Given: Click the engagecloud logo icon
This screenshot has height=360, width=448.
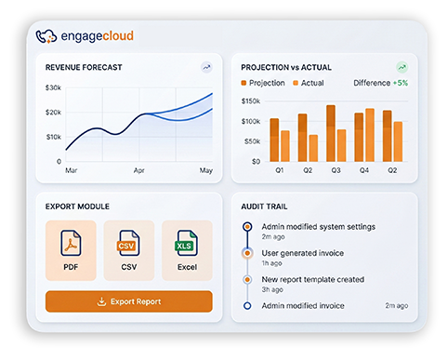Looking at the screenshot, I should tap(45, 36).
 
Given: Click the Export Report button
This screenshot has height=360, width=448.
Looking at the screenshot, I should tap(128, 301).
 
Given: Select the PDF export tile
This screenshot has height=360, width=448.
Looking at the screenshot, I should tap(72, 250).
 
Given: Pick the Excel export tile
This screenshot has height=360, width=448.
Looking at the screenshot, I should tap(186, 250).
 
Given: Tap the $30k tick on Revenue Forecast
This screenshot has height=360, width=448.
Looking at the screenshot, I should tap(53, 88).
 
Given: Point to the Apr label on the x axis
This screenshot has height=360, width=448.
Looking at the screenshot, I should tap(139, 171).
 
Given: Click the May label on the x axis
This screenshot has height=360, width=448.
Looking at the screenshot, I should tap(206, 171).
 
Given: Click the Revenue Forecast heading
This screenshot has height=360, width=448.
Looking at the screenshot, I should tap(84, 67).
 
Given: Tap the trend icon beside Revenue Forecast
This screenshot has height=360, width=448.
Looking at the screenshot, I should tap(206, 67).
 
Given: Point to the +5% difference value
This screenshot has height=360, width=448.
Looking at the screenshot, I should tap(401, 83).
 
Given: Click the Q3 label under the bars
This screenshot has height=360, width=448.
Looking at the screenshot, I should tap(336, 170).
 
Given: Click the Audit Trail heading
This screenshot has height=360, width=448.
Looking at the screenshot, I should tap(269, 206).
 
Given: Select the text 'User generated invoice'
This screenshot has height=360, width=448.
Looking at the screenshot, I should tap(303, 253).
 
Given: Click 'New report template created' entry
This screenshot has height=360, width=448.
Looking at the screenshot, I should tap(313, 279).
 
